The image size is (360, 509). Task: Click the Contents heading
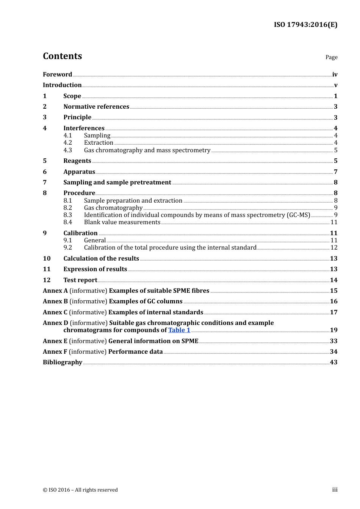(x=62, y=56)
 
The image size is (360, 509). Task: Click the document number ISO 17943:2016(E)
(x=305, y=25)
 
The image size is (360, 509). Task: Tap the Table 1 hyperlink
(x=179, y=330)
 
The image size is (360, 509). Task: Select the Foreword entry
(x=57, y=75)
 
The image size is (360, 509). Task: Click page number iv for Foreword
(x=335, y=75)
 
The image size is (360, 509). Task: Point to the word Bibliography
(x=63, y=362)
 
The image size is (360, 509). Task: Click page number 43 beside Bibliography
(x=333, y=362)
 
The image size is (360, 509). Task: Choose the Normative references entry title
(x=96, y=107)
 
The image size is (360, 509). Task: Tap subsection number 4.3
(x=67, y=150)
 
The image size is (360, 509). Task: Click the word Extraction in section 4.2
(x=99, y=143)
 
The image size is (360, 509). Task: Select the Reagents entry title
(x=77, y=161)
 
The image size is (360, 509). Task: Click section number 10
(x=47, y=259)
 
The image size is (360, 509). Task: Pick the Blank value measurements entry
(x=122, y=222)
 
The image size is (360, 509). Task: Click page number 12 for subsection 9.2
(x=334, y=248)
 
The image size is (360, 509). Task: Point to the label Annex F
(x=55, y=352)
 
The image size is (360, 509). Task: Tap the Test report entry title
(x=80, y=280)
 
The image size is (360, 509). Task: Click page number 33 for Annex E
(x=333, y=341)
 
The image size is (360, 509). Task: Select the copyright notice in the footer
(x=80, y=490)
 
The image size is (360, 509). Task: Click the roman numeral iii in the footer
(x=335, y=490)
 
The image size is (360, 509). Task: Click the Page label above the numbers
(x=331, y=57)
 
